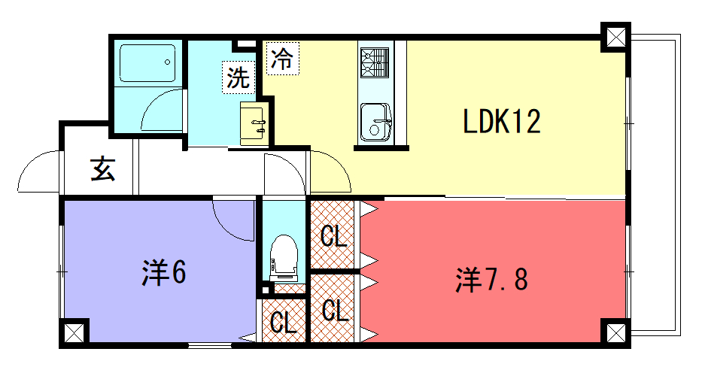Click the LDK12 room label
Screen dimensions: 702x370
pos(502,122)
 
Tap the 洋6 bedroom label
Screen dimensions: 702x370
pos(164,271)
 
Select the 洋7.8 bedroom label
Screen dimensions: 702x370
pos(491,279)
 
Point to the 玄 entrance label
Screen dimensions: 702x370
pos(103,168)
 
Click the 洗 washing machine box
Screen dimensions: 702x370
pos(239,77)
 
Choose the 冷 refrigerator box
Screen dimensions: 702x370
pos(283,58)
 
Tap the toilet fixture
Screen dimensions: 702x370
pos(284,258)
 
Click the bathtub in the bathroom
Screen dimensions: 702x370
pos(147,63)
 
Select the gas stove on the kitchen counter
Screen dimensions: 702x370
pos(375,62)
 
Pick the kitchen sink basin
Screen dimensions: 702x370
pos(375,122)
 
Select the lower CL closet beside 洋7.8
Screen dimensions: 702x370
pos(333,308)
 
